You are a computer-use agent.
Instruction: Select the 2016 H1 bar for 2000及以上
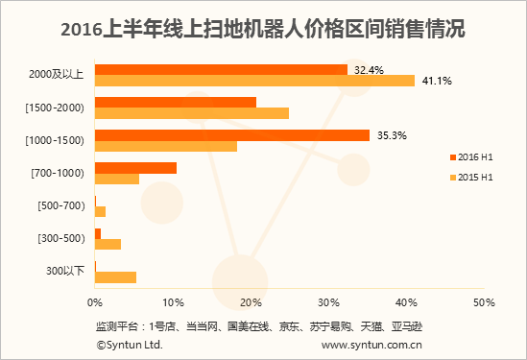(x=221, y=69)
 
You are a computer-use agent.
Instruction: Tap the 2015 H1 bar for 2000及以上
(x=254, y=81)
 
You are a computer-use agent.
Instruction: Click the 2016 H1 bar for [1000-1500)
(x=232, y=135)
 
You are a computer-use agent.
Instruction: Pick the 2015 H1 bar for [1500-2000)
(x=192, y=113)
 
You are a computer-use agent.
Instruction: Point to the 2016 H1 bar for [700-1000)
(x=135, y=168)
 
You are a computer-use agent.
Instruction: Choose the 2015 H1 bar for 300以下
(x=115, y=277)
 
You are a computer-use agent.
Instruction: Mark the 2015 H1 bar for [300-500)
(x=108, y=244)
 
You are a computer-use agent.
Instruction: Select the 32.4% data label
(x=369, y=69)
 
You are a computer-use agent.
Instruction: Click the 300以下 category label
(x=65, y=272)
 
